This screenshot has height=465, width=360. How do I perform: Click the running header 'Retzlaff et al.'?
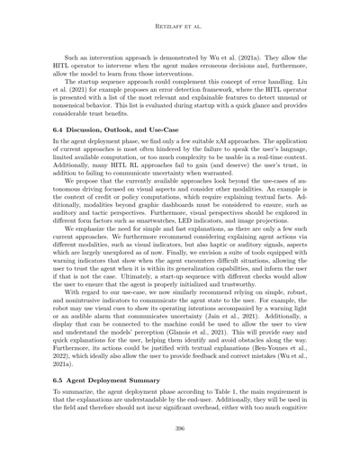(x=180, y=13)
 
